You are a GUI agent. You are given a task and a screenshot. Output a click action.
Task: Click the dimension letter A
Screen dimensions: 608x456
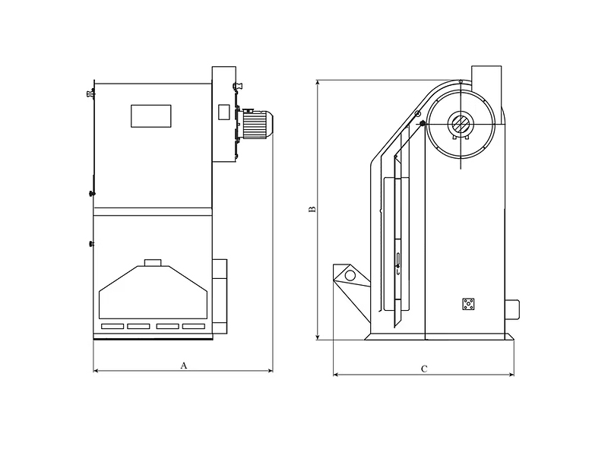coord(184,366)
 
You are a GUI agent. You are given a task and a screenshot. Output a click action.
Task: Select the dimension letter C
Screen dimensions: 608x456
coord(424,369)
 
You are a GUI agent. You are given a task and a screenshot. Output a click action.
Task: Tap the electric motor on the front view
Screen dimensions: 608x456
coord(255,124)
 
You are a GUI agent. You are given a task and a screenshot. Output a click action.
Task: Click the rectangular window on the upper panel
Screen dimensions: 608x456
coord(151,116)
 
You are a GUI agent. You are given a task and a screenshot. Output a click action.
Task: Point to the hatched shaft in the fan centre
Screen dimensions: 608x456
coord(461,124)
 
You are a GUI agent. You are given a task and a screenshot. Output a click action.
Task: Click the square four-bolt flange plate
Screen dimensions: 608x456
coord(468,304)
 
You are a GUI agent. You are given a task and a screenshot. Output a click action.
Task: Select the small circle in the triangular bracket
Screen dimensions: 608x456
coord(350,276)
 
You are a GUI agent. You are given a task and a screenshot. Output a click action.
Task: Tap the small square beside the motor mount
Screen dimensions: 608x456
coord(223,112)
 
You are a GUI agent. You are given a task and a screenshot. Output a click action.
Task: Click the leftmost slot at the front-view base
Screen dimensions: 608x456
coord(112,327)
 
